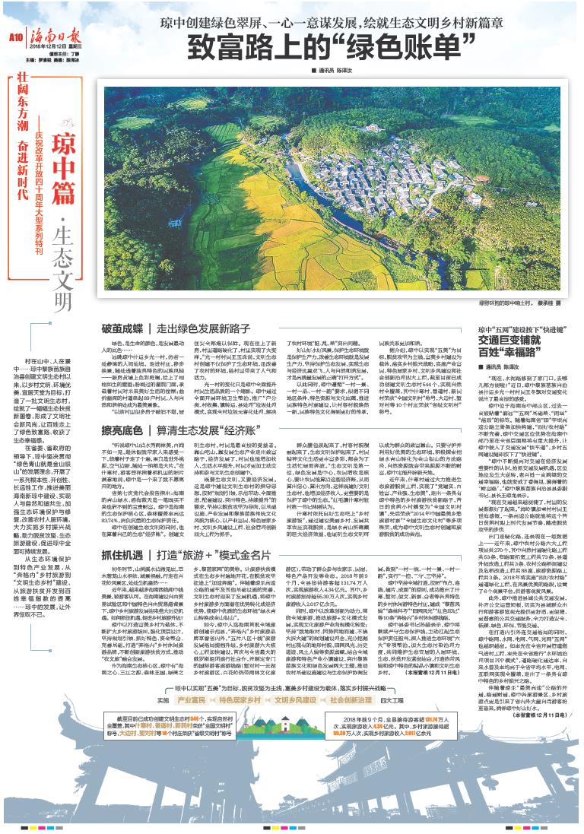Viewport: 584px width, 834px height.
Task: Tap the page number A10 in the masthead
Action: [16, 36]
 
